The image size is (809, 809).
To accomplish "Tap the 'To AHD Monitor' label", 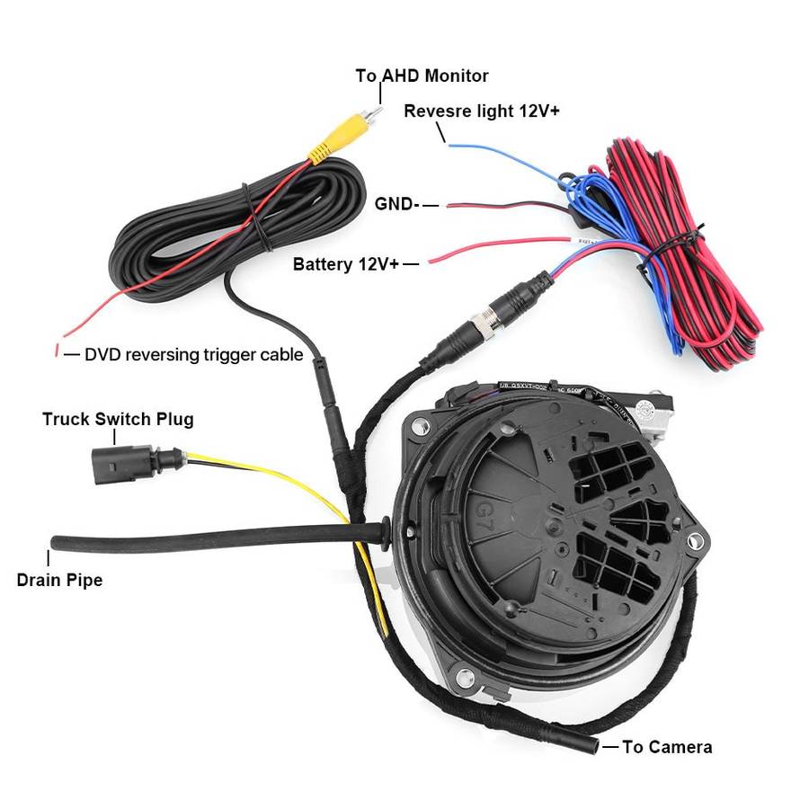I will click(422, 76).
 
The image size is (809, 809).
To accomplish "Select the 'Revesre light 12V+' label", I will click(482, 111).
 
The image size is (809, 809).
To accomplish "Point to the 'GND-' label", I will click(396, 204).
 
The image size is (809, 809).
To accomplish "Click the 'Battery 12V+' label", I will click(345, 264).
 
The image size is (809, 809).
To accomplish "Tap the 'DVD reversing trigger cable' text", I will click(193, 354).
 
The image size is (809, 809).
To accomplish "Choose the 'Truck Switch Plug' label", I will click(118, 419).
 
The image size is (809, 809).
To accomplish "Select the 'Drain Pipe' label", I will click(59, 580).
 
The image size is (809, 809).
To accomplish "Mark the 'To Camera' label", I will click(667, 746).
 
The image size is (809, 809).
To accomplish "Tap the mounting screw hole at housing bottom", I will click(464, 676).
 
